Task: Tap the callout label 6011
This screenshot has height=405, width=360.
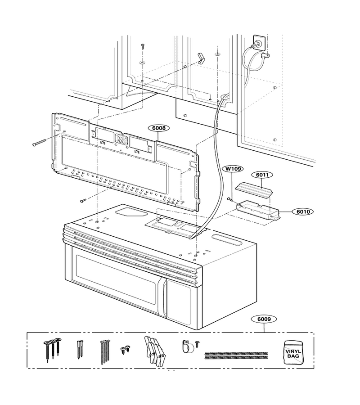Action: (262, 175)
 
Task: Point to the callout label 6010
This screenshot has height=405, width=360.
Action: (303, 212)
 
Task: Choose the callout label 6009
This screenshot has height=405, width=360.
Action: (264, 319)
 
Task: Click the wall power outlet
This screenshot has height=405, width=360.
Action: (259, 42)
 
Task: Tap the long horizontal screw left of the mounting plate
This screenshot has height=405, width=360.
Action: (39, 142)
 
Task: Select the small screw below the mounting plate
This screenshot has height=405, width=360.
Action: (83, 200)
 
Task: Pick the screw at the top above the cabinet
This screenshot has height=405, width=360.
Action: (142, 46)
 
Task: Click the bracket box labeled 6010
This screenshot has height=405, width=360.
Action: (258, 209)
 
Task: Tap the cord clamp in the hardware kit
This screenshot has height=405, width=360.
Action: (188, 346)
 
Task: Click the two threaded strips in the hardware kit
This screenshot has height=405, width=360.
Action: (236, 355)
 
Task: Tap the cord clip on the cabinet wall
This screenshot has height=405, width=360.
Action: (265, 55)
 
